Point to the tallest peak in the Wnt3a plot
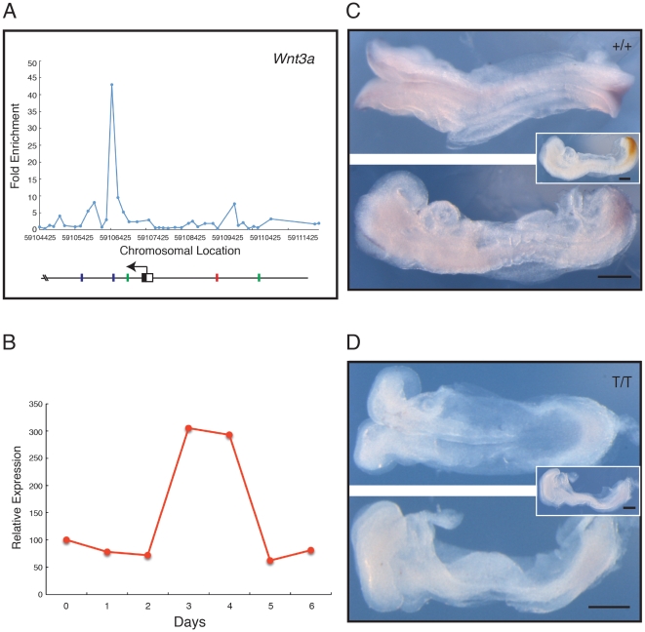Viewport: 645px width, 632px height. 112,85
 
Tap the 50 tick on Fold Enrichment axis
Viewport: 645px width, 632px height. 32,62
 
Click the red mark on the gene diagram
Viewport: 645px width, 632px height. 217,278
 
